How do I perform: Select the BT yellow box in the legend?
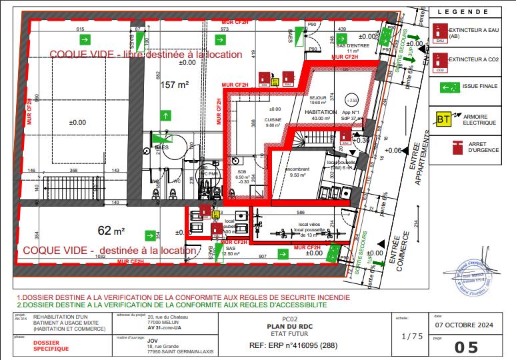point(443,119)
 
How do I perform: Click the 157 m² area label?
point(174,84)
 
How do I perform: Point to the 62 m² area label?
point(111,231)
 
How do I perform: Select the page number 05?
point(467,346)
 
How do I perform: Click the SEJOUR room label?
point(317,98)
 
